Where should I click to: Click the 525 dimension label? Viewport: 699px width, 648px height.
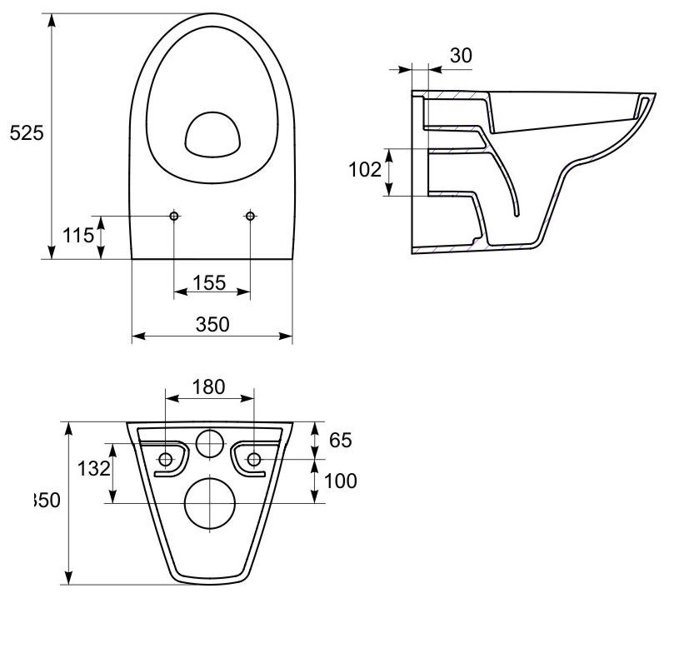coord(26,132)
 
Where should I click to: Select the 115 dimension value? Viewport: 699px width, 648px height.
coord(79,235)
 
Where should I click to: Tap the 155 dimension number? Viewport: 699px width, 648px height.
coord(209,282)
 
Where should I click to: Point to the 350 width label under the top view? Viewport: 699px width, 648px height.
coord(212,324)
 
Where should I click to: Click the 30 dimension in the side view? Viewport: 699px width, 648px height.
coord(461,55)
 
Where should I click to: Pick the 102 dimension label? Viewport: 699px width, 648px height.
coord(364,170)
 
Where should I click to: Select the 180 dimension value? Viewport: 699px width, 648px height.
coord(208,386)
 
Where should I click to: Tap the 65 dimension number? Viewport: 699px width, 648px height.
coord(341,440)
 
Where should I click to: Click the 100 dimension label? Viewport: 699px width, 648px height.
coord(341,481)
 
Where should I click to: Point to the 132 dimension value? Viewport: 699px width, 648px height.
coord(93,468)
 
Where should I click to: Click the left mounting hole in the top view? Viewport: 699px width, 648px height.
coord(174,216)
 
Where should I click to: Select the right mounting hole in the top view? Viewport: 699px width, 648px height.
coord(250,216)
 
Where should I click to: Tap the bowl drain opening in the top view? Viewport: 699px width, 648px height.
coord(211,135)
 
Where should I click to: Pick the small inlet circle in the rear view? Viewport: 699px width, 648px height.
coord(209,443)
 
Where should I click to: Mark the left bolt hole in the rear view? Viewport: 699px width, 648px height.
coord(166,458)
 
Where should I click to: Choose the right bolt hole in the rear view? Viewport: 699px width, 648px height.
coord(254,458)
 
